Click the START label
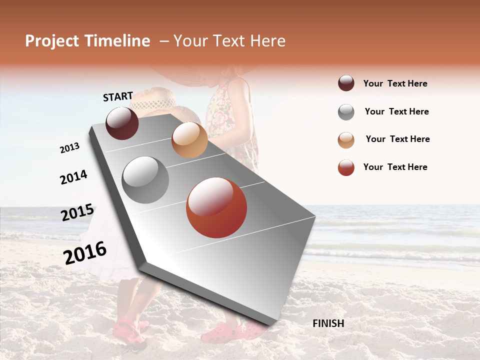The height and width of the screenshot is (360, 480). pos(118,96)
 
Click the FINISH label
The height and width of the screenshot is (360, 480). pos(328,323)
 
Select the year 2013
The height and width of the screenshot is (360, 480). pos(70,148)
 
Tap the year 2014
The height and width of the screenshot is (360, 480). pos(73,177)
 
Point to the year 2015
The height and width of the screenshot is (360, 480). pos(77,212)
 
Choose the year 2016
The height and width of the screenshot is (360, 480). pos(85,252)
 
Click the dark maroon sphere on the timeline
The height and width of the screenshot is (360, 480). pos(122,123)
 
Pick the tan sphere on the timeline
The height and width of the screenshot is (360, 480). pos(189,140)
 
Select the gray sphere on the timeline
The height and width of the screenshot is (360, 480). pos(145,180)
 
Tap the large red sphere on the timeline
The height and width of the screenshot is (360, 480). pos(216,207)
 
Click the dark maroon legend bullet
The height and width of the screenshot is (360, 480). pos(346,83)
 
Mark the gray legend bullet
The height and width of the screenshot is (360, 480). pos(346,112)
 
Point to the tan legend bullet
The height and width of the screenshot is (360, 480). pos(346,140)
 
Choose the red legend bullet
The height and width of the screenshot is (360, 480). pos(346,167)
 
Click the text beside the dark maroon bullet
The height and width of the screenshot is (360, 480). pos(395,83)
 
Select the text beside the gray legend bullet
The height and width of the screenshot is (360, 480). pos(396,111)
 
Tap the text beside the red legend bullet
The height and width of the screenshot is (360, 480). pos(395,167)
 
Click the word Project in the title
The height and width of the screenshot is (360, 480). pos(52,41)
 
